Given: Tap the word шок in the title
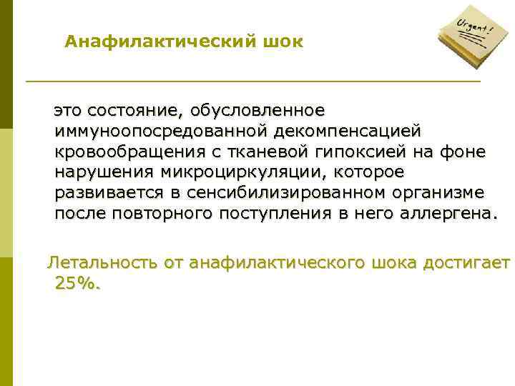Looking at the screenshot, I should pos(283,42).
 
